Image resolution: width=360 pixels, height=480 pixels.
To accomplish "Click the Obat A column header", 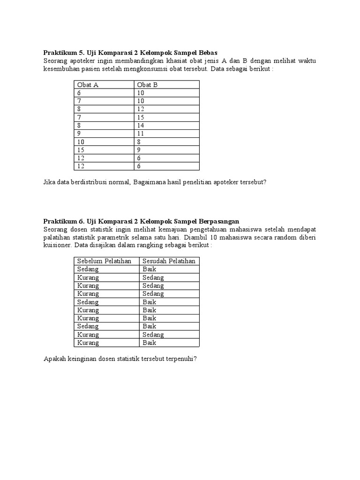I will pyautogui.click(x=88, y=85).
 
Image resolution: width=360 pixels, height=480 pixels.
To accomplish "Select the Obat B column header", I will pyautogui.click(x=147, y=85).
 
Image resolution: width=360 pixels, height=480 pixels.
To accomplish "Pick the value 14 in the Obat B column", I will pyautogui.click(x=141, y=125).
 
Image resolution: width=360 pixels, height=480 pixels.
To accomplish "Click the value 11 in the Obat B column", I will pyautogui.click(x=141, y=133).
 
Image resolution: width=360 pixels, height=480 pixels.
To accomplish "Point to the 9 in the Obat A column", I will pyautogui.click(x=79, y=133).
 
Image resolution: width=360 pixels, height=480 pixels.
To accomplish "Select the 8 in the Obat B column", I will pyautogui.click(x=139, y=142).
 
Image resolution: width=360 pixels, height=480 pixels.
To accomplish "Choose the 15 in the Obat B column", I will pyautogui.click(x=141, y=117).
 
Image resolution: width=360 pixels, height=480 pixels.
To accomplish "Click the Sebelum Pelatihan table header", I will pyautogui.click(x=105, y=261).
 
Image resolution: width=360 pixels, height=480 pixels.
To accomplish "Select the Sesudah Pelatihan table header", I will pyautogui.click(x=169, y=261).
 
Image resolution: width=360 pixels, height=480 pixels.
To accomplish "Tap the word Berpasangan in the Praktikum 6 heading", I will pyautogui.click(x=219, y=221).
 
